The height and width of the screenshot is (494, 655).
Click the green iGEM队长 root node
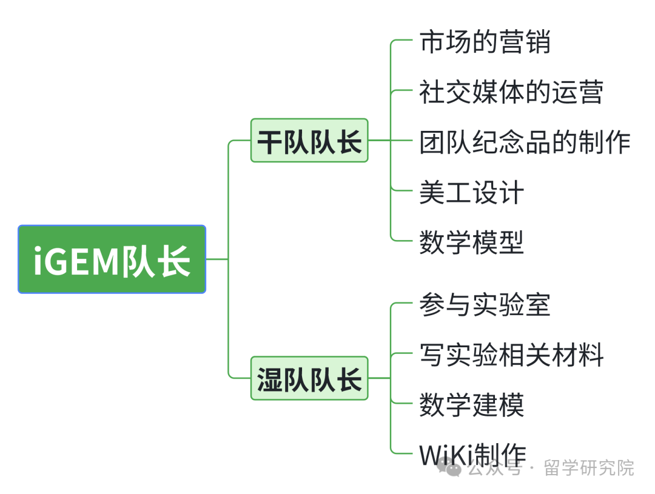click(x=112, y=259)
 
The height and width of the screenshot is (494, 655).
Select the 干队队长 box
click(x=309, y=141)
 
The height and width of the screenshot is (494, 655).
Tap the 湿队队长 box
click(x=309, y=378)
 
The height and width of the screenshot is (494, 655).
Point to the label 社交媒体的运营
click(x=511, y=92)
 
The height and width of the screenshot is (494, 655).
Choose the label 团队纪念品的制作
click(x=525, y=142)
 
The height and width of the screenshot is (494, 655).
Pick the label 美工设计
click(x=471, y=192)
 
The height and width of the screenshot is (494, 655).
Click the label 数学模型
click(x=471, y=242)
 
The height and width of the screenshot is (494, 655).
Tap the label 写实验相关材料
click(x=511, y=355)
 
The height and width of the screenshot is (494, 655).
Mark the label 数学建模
click(x=471, y=404)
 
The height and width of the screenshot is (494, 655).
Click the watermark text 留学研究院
click(x=589, y=468)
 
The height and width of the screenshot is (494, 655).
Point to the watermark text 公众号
click(x=495, y=468)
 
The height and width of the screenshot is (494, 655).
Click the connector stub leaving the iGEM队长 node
click(x=217, y=259)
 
